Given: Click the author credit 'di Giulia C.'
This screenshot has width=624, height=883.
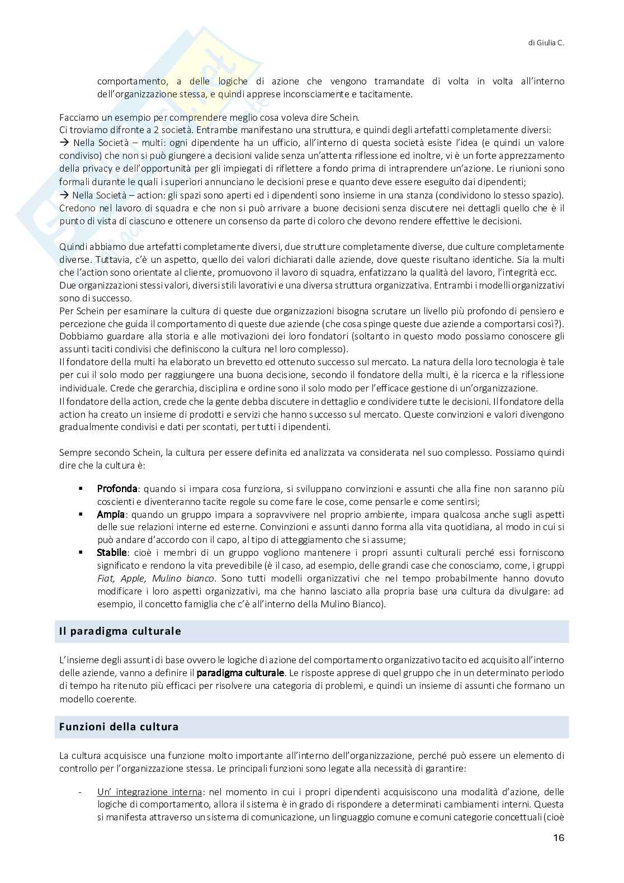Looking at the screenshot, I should point(546,42).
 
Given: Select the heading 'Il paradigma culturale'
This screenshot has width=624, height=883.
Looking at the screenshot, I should point(120,631).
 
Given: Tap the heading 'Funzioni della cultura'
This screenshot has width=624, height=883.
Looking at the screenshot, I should point(119,726).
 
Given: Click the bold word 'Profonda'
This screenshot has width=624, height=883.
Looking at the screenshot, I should point(117,489).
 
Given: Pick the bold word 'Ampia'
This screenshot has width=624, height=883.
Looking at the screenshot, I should point(111,514).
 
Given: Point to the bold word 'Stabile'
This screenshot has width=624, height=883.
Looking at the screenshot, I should point(112,553).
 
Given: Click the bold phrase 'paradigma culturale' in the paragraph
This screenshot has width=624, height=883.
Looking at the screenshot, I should point(240,673).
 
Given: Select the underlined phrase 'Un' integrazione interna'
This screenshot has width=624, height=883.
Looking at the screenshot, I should point(149,792).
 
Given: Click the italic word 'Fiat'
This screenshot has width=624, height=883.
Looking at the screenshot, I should point(105,578).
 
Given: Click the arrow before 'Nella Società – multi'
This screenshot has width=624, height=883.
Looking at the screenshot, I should point(64,143).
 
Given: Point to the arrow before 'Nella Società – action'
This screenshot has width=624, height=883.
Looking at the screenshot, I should point(64,195).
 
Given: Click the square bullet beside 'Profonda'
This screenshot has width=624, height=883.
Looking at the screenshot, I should point(81,489).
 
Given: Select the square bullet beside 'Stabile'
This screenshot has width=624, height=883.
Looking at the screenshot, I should point(81,553).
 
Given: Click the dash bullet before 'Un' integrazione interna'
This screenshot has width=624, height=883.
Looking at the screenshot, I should point(81,792).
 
